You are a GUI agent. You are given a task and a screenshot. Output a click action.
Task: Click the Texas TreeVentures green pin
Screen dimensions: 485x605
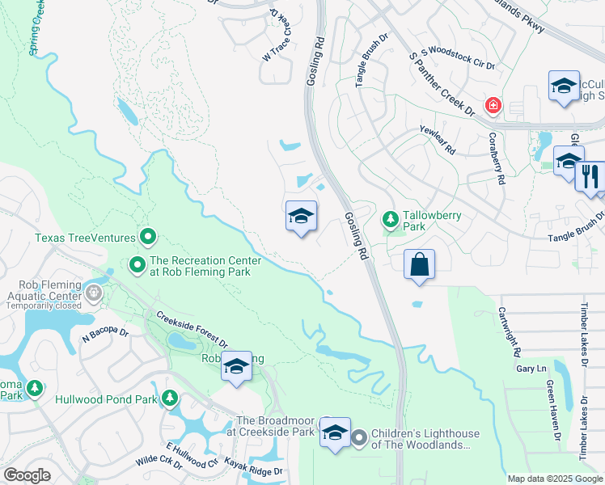pyautogui.click(x=148, y=238)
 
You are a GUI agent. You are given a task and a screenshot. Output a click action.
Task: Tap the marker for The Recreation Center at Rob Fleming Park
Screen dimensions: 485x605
pyautogui.click(x=137, y=264)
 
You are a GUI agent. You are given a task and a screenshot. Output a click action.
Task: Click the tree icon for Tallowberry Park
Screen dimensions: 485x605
pyautogui.click(x=390, y=220)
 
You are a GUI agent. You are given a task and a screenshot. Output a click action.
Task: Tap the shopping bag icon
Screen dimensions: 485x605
pyautogui.click(x=419, y=265)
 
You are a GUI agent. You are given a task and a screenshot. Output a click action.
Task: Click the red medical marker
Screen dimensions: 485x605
pyautogui.click(x=491, y=106)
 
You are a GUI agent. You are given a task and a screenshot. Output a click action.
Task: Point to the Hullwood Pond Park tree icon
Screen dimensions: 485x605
pyautogui.click(x=169, y=398)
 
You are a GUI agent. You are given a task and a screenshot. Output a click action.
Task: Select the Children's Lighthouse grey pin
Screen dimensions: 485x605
pyautogui.click(x=359, y=439)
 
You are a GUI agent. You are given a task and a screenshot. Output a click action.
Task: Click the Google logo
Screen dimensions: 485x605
pyautogui.click(x=27, y=475)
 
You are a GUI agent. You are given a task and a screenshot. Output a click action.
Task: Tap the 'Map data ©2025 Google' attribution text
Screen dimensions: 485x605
pyautogui.click(x=554, y=479)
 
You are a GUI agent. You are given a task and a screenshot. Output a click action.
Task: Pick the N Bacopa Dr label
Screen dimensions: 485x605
pyautogui.click(x=105, y=331)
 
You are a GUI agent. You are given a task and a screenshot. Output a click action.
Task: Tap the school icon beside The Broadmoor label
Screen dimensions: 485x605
pyautogui.click(x=335, y=433)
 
